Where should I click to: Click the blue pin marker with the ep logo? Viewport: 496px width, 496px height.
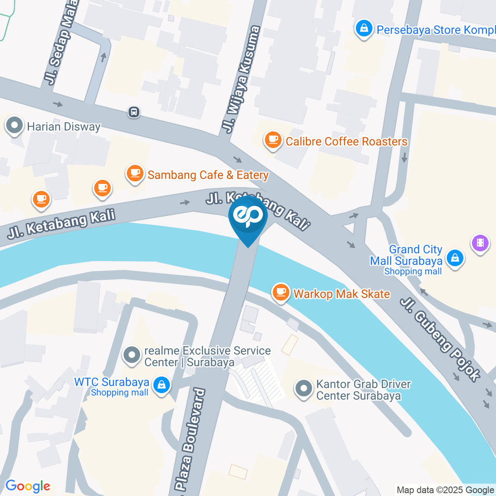pos(248,217)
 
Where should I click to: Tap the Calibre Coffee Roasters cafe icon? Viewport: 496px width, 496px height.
pos(272,140)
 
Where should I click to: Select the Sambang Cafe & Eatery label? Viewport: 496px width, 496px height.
pos(208,175)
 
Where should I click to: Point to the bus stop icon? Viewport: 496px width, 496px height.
pos(134,112)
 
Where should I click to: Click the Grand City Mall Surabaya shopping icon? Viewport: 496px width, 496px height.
pos(455,257)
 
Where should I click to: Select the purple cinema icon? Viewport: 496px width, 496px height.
pos(481,242)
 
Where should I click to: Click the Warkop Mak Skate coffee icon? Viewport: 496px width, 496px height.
pos(281,292)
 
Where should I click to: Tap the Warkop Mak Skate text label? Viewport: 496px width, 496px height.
pos(342,294)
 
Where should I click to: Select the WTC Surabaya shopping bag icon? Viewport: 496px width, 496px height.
pos(162,384)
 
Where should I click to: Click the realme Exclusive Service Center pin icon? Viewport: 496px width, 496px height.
pos(133,355)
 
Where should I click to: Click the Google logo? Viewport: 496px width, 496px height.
pos(28,486)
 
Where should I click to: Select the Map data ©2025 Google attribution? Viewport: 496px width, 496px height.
pos(445,490)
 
